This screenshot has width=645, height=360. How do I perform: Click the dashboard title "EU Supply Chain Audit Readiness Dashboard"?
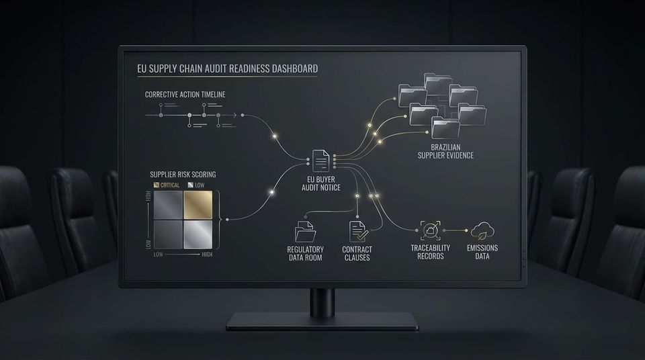[x=228, y=69]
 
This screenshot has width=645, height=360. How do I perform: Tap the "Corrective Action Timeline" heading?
[x=185, y=95]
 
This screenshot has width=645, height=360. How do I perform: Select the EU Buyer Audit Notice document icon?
[x=321, y=161]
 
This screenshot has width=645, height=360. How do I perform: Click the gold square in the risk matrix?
[x=198, y=205]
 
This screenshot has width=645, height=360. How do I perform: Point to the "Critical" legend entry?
[x=167, y=185]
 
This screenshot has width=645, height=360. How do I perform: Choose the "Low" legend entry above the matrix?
[x=196, y=185]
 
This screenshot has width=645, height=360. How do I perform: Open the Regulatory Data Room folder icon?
[x=305, y=232]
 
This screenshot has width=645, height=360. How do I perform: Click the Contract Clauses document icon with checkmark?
[x=357, y=232]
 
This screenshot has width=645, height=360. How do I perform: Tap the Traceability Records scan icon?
[x=430, y=230]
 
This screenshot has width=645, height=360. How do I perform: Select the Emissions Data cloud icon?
[x=482, y=231]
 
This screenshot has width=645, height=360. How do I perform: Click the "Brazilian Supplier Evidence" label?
[x=445, y=151]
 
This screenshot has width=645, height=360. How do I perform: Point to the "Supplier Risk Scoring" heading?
[x=183, y=175]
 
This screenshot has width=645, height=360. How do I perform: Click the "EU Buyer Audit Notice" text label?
[x=321, y=183]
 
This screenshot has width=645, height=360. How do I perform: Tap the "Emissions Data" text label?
[x=482, y=252]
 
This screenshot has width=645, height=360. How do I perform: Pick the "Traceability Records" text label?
[x=430, y=252]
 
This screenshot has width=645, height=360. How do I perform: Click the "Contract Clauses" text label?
[x=357, y=253]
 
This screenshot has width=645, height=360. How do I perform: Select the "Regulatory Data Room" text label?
[x=305, y=253]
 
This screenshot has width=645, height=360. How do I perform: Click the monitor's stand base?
[x=322, y=321]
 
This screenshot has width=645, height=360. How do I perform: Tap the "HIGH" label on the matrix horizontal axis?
[x=207, y=255]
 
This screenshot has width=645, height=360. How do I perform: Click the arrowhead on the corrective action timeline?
[x=234, y=116]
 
